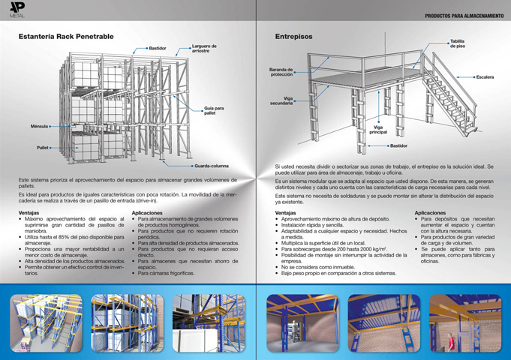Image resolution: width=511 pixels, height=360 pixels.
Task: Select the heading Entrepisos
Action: point(294,36)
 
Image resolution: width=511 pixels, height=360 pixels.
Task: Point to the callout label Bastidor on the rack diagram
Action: point(157,48)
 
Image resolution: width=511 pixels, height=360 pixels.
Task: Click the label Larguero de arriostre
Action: point(204,49)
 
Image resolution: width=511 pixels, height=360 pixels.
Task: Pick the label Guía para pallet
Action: point(214,111)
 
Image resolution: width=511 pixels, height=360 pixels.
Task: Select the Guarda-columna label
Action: point(212,165)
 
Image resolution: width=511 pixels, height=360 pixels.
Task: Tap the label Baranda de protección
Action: point(281,72)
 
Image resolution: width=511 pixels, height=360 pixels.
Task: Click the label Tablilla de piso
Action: point(457,43)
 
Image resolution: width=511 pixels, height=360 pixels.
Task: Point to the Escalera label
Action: point(485,76)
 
